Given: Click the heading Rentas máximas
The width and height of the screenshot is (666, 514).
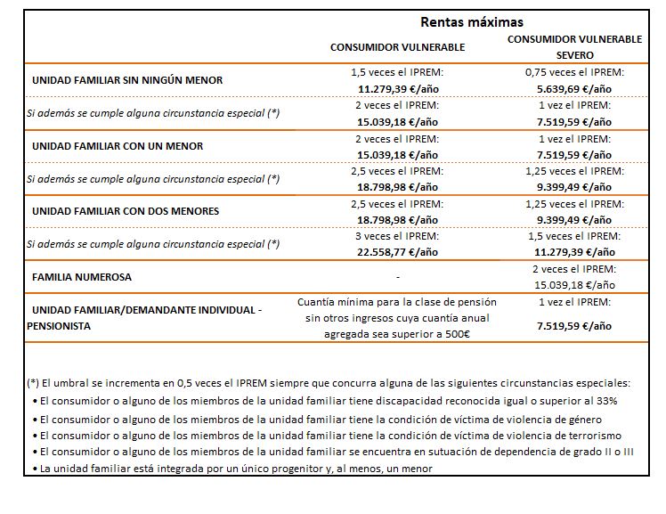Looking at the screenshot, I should click(471, 22).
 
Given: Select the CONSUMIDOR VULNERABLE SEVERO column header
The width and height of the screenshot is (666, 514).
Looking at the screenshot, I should click(574, 47).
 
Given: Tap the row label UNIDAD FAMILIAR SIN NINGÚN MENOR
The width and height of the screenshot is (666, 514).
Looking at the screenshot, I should click(127, 80).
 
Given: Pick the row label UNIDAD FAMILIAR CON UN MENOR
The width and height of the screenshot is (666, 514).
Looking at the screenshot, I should click(118, 146).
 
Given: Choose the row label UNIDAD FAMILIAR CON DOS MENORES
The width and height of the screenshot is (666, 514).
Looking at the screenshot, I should click(126, 211).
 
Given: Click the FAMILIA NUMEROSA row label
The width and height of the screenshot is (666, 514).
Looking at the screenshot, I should click(82, 277).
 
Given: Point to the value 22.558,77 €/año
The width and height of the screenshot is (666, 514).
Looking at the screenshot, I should click(398, 252).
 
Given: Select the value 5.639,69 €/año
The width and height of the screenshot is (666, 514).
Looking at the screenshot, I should click(574, 89).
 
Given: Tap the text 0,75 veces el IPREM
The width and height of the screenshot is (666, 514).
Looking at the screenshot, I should click(574, 72).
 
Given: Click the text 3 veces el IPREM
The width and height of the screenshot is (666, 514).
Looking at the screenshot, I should click(398, 236).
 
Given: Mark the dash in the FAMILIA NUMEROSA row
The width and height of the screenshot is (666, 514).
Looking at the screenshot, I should click(398, 277).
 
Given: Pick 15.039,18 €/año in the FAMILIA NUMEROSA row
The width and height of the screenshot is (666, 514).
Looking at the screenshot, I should click(574, 285).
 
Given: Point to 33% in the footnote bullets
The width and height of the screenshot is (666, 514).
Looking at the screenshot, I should click(618, 401).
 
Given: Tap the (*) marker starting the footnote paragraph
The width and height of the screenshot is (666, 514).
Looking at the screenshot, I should click(34, 383).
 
